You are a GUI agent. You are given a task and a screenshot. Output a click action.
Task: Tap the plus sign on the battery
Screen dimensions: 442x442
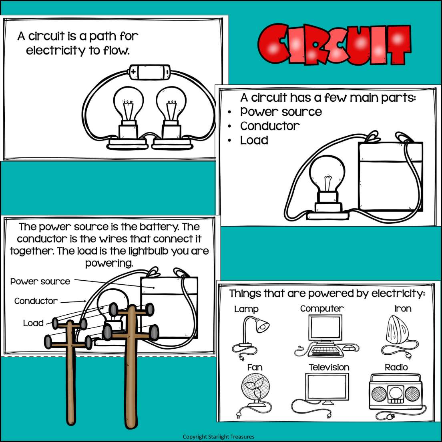tap(133, 72)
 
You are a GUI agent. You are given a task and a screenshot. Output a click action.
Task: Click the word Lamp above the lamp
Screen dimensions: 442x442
tap(246, 309)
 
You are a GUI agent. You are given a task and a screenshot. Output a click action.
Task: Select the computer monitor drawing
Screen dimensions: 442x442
tap(325, 327)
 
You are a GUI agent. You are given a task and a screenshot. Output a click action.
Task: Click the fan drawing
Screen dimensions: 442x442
tap(255, 388)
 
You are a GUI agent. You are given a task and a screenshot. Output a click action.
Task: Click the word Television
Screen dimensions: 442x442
tap(329, 367)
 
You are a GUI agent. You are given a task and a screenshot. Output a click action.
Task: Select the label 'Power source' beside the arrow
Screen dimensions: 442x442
tap(40, 281)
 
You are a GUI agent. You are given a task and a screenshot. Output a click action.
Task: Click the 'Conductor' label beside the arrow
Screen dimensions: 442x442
tap(36, 301)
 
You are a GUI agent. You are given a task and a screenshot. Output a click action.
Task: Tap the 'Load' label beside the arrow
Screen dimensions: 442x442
tap(33, 323)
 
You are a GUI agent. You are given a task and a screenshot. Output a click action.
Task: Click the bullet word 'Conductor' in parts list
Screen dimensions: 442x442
tap(270, 126)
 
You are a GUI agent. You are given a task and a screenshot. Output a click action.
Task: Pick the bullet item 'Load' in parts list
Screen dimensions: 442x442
tap(254, 141)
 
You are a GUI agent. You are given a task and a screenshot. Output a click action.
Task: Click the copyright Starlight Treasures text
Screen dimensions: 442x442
tap(219, 437)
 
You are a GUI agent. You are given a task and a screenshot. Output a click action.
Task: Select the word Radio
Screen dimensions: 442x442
tap(396, 367)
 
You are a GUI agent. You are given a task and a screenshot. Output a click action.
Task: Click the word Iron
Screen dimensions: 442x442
tap(403, 309)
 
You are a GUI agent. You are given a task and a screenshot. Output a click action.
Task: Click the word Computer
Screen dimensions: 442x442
tap(322, 309)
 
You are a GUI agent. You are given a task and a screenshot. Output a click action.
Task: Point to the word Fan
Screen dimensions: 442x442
tap(255, 367)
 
